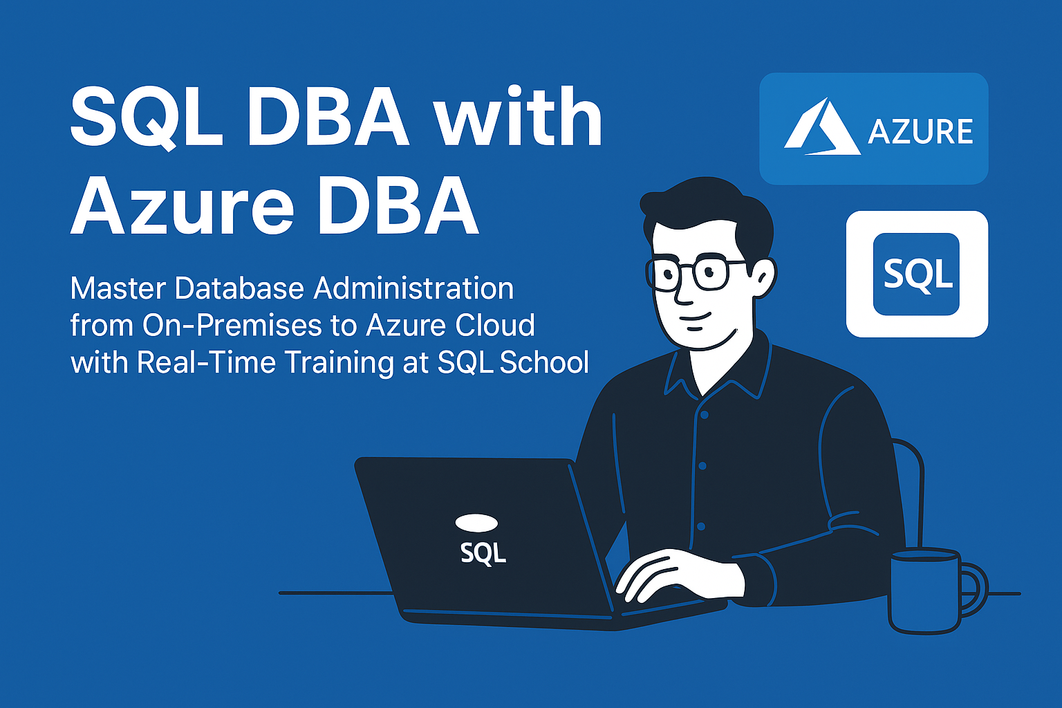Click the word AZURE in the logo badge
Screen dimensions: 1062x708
920,131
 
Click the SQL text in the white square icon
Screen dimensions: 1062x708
918,274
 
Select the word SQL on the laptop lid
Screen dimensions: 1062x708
483,553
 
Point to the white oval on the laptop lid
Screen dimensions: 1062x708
476,523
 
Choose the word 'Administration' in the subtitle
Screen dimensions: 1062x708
414,288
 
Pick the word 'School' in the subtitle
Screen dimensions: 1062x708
544,362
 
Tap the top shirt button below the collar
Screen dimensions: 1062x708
705,415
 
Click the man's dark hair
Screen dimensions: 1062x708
707,209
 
